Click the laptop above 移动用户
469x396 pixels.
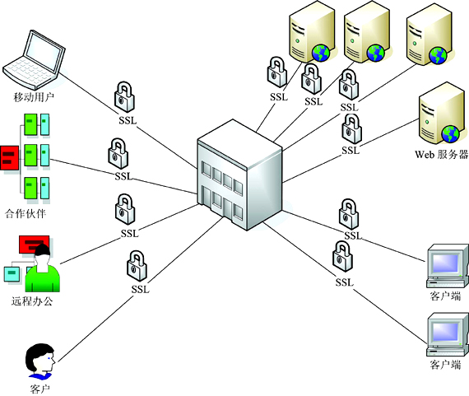[34, 60]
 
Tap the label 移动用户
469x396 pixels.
[34, 97]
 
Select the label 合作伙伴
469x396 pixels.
[26, 213]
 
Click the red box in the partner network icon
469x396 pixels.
[10, 158]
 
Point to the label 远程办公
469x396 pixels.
[32, 300]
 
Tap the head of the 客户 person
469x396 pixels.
[40, 358]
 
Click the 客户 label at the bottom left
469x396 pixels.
[39, 389]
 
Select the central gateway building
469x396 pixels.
[240, 175]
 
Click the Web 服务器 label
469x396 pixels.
[442, 154]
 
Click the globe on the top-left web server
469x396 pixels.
[321, 54]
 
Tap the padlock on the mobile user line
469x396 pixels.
[124, 97]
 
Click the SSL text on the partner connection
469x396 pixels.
[123, 176]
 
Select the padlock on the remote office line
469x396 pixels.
[125, 209]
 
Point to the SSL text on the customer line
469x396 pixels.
[140, 289]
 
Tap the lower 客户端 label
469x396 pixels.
[445, 365]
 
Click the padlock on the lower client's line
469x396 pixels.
[343, 257]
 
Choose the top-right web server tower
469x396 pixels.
[430, 35]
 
